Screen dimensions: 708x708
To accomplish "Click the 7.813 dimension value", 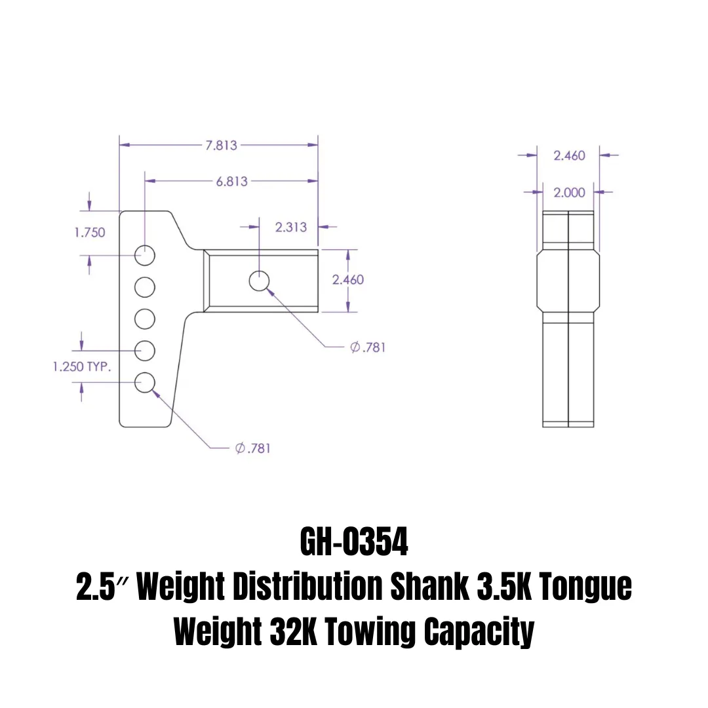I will (x=222, y=146).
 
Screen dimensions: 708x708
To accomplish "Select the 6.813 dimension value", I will (x=232, y=182).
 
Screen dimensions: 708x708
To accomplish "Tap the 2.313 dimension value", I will (x=290, y=227).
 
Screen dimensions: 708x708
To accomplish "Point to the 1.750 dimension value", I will (x=90, y=232).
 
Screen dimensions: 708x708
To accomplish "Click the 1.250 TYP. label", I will (x=82, y=366).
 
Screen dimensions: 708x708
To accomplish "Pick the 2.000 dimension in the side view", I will (x=569, y=192).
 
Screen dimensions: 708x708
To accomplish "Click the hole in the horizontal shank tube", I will (x=260, y=281).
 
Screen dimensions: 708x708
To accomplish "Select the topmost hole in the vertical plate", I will (x=145, y=254).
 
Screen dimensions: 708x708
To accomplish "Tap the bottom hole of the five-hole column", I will (x=145, y=382).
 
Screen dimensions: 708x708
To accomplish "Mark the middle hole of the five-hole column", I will (x=145, y=319).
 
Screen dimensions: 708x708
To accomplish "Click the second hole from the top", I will (x=145, y=286).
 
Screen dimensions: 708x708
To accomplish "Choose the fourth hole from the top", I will (x=145, y=351).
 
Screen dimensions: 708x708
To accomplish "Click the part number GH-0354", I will (x=354, y=541).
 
